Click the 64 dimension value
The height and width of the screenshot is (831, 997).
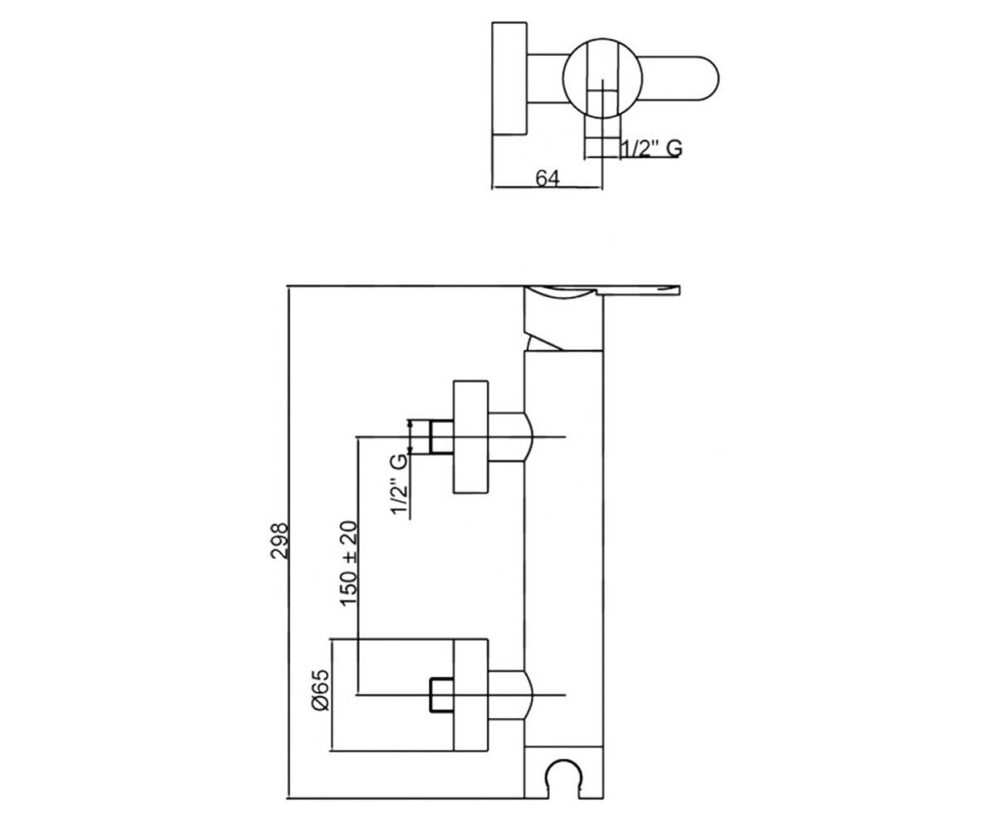pos(548,178)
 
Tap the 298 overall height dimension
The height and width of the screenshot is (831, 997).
pos(280,541)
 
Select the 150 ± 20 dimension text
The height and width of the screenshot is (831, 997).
pos(349,563)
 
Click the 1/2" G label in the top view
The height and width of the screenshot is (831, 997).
pos(651,149)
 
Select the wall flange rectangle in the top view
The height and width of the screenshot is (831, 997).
pos(509,78)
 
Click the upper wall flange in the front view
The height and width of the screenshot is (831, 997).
pos(471,437)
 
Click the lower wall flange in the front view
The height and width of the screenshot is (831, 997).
pos(471,695)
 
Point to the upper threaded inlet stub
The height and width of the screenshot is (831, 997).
pos(441,437)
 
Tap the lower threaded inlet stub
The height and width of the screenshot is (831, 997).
pos(442,696)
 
